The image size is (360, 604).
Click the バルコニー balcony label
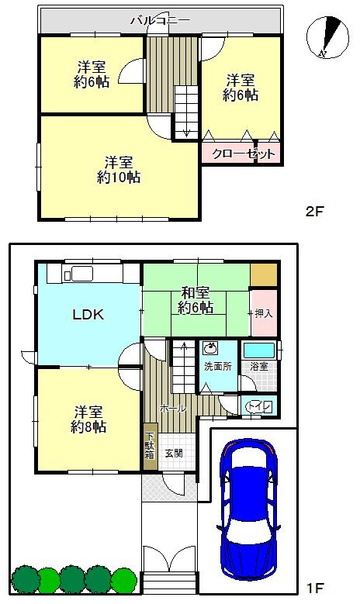pos(160,20)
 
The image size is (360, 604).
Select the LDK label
pos(88,314)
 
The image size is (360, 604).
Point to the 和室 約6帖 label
pos(196,299)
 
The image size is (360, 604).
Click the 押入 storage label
pos(263,313)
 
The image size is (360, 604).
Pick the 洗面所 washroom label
pos(216,365)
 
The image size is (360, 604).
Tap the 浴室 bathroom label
pos(258,365)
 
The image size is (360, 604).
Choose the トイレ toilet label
pos(257,405)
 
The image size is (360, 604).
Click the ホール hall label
pos(171,408)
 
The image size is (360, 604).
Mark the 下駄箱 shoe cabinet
pos(150,447)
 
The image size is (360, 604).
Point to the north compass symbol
pos(327,37)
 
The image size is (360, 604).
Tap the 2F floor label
pos(313,211)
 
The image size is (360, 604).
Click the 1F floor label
pos(314,588)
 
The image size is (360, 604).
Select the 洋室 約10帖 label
pos(118,169)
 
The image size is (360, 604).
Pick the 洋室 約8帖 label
pos(88,419)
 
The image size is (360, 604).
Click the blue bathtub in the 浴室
pos(258,350)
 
